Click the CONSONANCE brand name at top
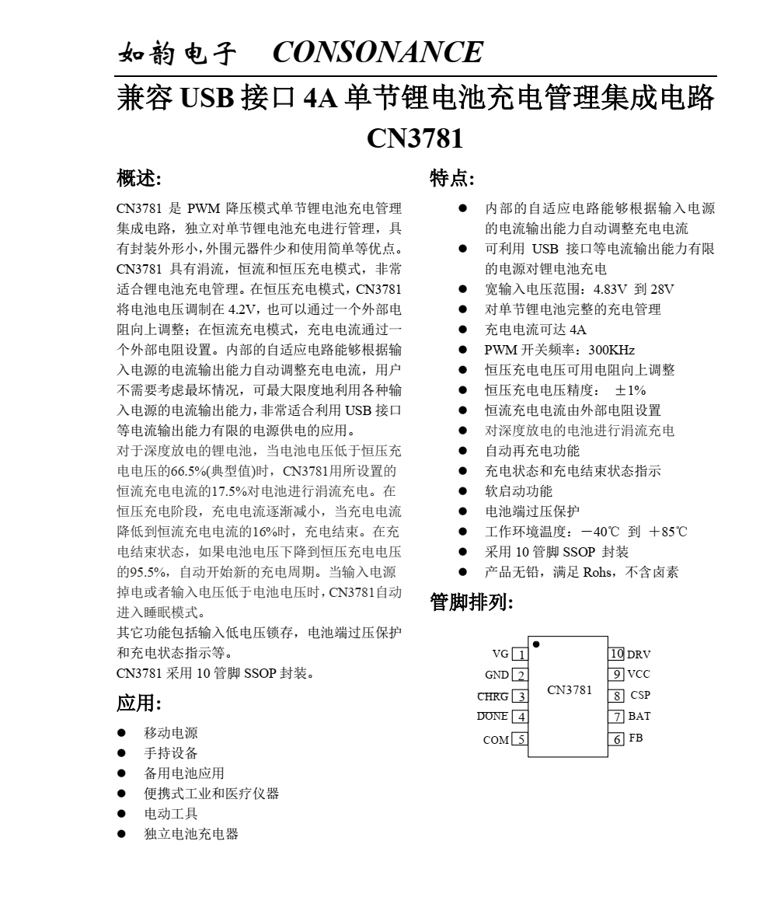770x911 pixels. tap(378, 52)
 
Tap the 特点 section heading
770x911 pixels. tap(452, 180)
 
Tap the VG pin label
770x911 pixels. tap(500, 654)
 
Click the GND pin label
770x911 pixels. tap(496, 675)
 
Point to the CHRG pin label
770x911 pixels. tap(493, 696)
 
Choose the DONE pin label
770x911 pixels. tap(493, 717)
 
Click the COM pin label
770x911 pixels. tap(496, 740)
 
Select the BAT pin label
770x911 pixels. tap(639, 716)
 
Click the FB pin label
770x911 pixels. tap(636, 738)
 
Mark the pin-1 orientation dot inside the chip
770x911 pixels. tap(536, 644)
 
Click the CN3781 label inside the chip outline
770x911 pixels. tap(570, 690)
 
